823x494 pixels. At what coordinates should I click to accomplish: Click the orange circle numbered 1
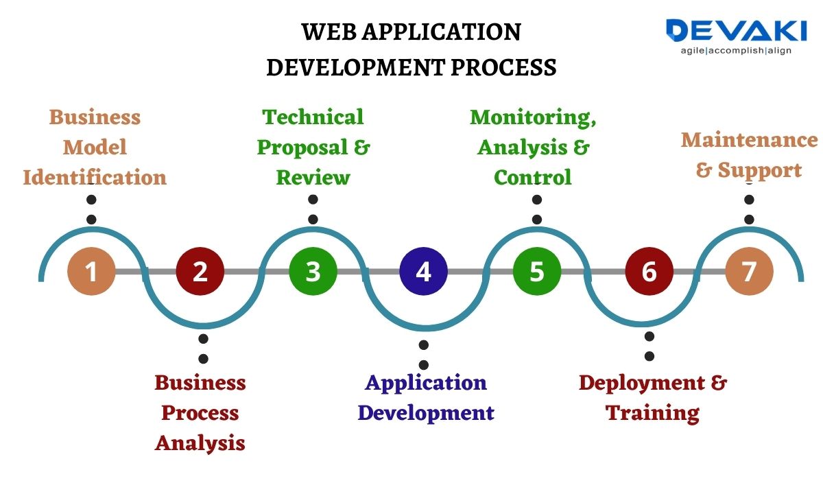(91, 271)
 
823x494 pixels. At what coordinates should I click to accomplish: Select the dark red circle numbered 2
(200, 271)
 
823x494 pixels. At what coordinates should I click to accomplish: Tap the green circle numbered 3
(313, 271)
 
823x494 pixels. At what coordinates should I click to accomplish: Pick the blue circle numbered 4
(424, 271)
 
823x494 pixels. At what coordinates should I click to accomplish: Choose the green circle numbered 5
(537, 271)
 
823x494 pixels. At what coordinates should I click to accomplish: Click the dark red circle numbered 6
(649, 271)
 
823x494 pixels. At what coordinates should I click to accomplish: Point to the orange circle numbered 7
(749, 271)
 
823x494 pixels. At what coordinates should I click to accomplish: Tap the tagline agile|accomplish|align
(735, 51)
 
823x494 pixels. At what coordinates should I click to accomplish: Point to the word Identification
(95, 178)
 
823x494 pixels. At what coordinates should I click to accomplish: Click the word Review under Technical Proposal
(313, 178)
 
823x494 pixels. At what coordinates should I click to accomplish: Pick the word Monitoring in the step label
(532, 117)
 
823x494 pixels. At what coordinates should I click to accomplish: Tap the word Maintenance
(749, 140)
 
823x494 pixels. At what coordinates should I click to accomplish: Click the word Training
(652, 413)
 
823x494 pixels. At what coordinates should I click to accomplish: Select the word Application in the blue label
(425, 382)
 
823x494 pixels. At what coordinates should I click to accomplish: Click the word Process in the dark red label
(200, 413)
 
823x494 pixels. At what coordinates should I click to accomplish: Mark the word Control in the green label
(532, 178)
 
